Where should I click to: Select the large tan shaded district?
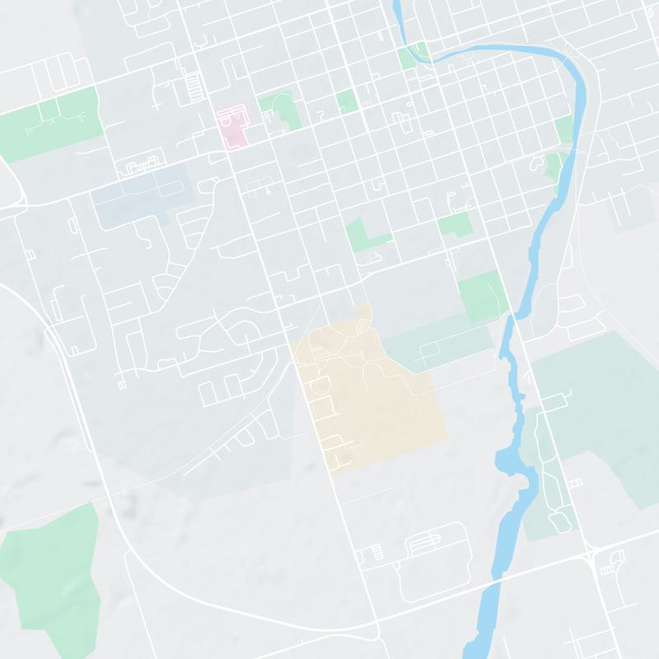pyautogui.click(x=371, y=395)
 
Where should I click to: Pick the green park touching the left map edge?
pyautogui.click(x=49, y=115)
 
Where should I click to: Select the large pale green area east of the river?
pyautogui.click(x=601, y=412)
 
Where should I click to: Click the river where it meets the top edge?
pyautogui.click(x=397, y=7)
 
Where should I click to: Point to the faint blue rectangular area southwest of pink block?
pyautogui.click(x=136, y=198)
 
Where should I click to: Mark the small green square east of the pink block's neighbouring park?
pyautogui.click(x=347, y=101)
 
